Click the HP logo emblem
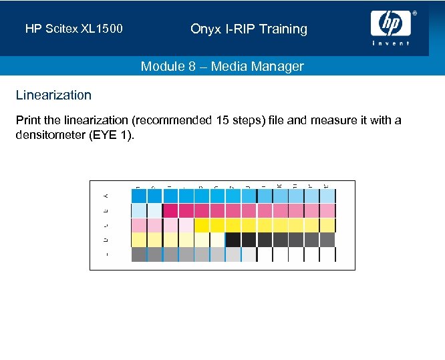click(x=391, y=24)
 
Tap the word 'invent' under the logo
click(x=391, y=43)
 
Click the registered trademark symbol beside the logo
click(x=414, y=13)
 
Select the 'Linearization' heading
click(x=53, y=95)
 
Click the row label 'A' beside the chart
click(x=106, y=195)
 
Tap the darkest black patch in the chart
click(x=233, y=240)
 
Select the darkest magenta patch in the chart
click(x=170, y=210)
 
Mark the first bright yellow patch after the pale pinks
click(x=202, y=225)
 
